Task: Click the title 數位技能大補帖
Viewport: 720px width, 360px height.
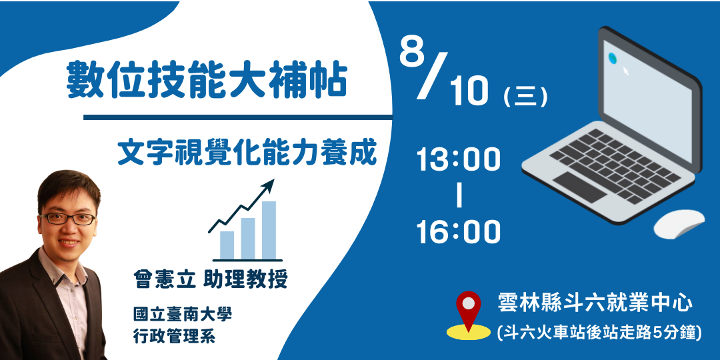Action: pos(207,81)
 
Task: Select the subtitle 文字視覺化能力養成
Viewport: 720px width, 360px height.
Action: pos(247,152)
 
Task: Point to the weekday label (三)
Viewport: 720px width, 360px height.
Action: pos(526,97)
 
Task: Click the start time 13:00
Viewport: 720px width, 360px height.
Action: pos(459,161)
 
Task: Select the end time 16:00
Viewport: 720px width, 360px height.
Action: pos(459,232)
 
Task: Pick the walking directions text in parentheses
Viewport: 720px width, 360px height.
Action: pos(599,331)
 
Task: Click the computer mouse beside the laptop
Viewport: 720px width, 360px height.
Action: pos(678,223)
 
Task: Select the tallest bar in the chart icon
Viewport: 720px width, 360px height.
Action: pos(269,229)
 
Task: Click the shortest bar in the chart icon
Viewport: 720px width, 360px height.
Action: pos(227,245)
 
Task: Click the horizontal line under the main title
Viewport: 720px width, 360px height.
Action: pos(237,118)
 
